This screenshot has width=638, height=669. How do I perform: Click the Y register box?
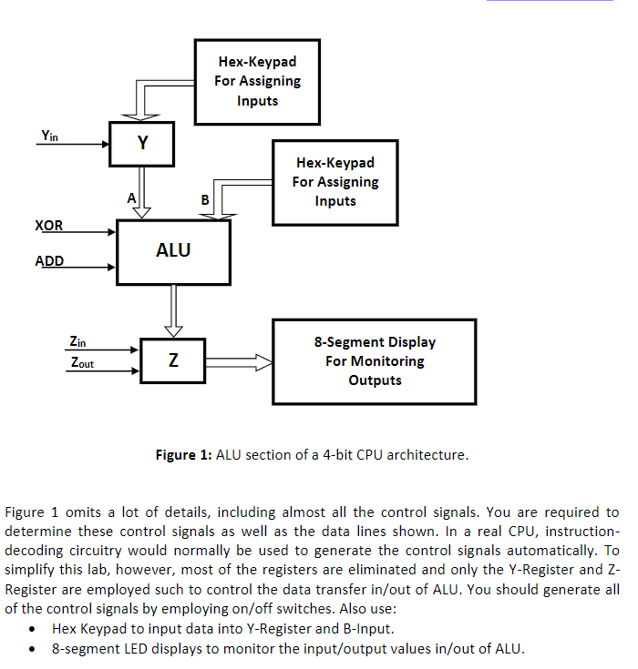142,144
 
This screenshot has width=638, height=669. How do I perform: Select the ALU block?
173,249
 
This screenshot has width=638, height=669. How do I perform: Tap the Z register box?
172,361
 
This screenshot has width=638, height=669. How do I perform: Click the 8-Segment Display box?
375,361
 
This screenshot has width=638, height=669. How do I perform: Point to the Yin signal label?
50,136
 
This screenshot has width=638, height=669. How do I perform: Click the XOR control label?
49,225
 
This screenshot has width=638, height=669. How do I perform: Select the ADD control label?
49,261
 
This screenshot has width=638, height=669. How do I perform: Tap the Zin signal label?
78,342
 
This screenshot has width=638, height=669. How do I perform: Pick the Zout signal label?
82,363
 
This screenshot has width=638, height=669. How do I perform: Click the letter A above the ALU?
131,198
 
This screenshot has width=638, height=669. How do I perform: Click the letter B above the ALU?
204,199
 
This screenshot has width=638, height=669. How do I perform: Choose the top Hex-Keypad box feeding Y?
257,81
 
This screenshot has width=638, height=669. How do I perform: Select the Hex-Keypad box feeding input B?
335,182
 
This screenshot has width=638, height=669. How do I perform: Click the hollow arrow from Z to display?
239,362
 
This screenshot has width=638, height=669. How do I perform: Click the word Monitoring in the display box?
375,361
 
